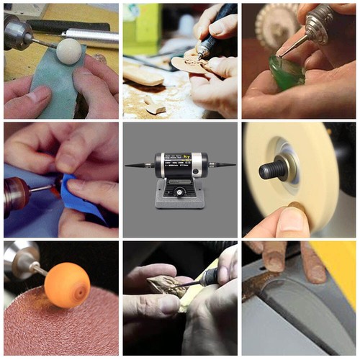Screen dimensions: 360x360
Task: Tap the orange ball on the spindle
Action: (x=67, y=284)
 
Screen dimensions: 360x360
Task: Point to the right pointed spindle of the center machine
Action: (x=224, y=165)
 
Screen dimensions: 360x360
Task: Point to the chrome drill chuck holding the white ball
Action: (x=18, y=32)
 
